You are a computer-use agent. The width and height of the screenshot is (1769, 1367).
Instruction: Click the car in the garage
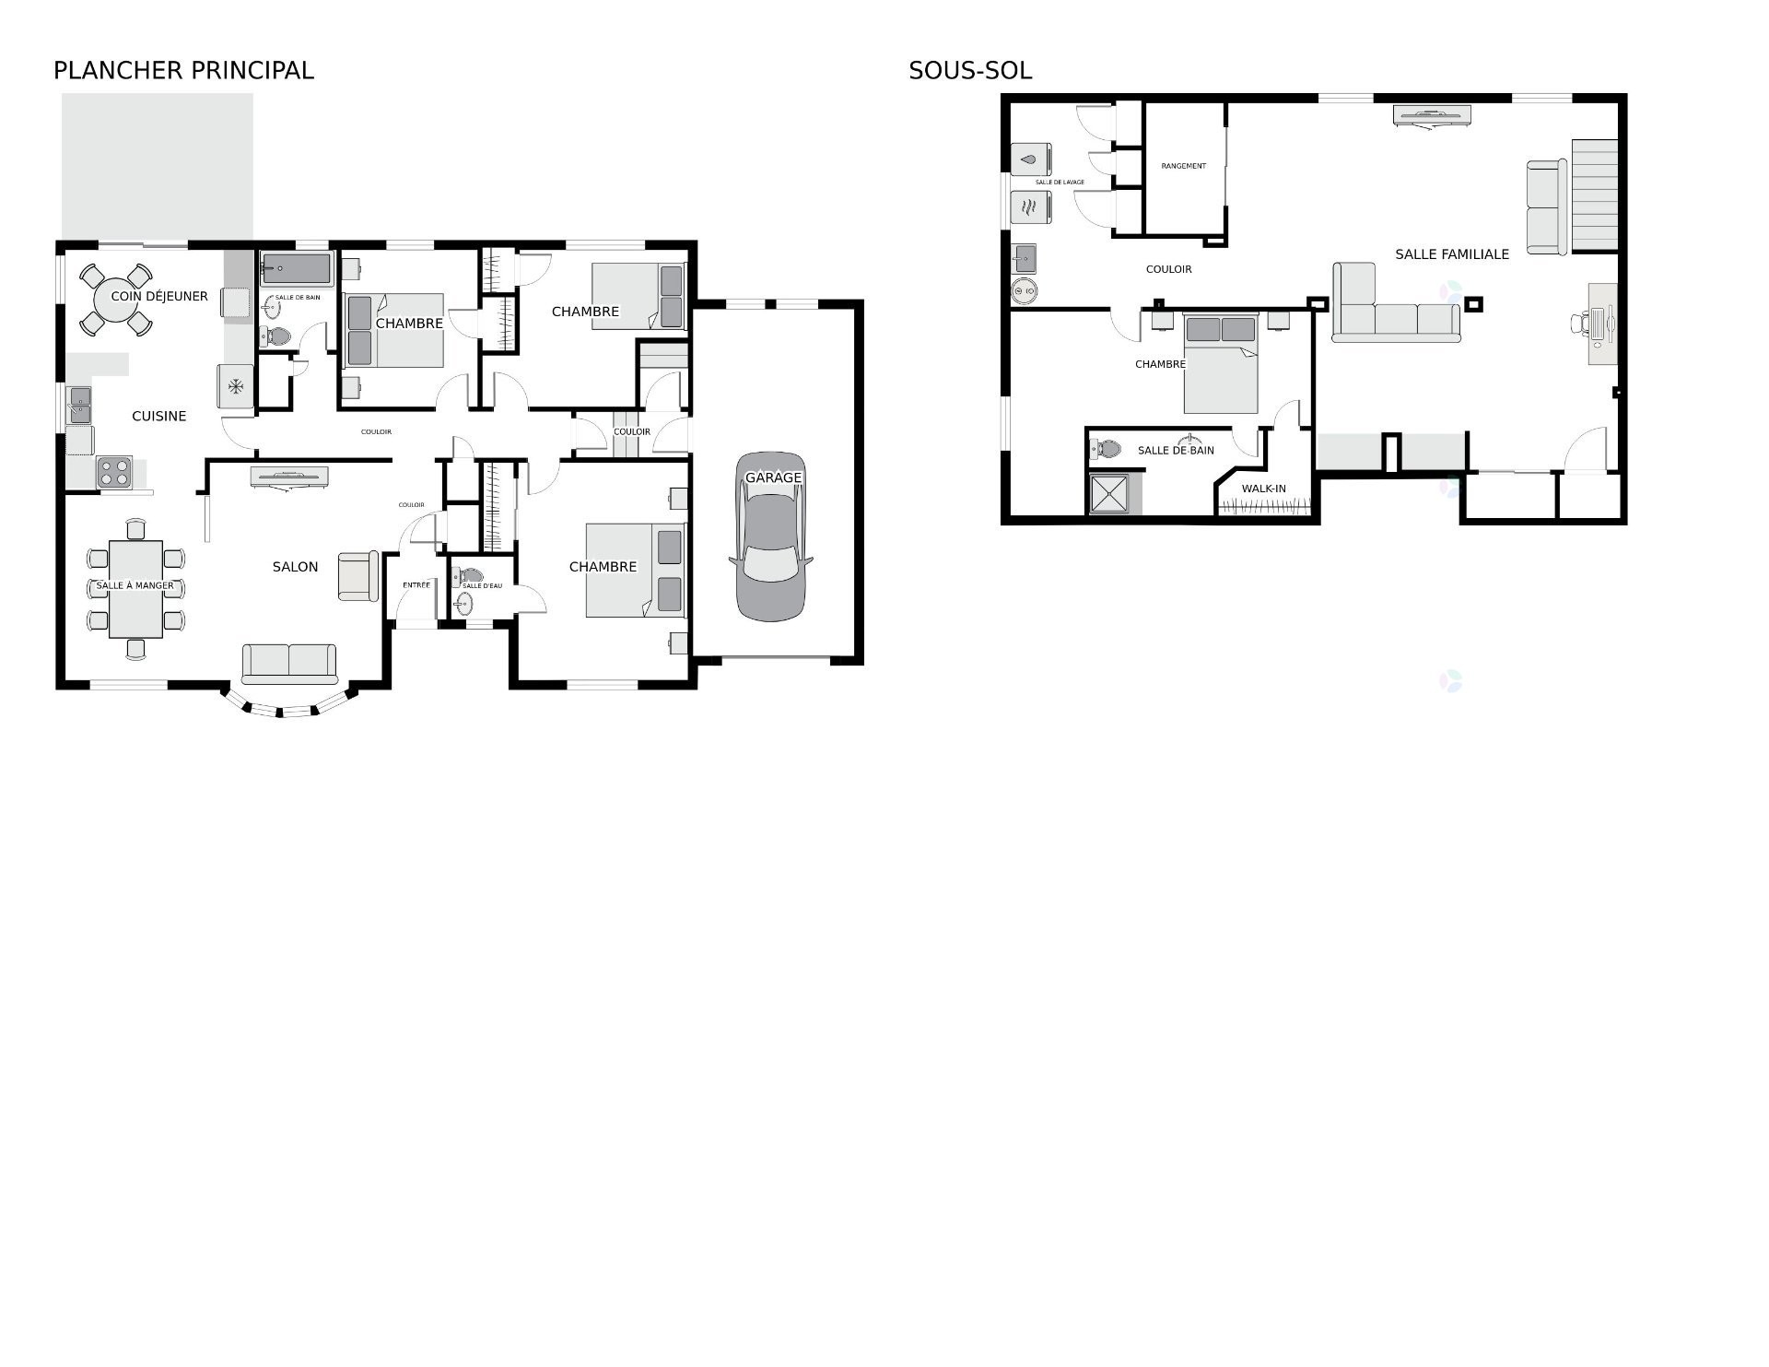coord(770,536)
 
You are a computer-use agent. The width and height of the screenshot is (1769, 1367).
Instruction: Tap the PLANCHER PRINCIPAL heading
coord(183,70)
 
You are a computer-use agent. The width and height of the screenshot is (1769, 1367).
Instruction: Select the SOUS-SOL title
coord(970,70)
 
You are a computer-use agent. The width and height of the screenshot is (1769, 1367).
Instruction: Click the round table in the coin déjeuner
coord(117,299)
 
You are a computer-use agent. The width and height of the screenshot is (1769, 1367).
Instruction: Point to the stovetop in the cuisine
coord(114,472)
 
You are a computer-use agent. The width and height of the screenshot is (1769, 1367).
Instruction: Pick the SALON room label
coord(295,567)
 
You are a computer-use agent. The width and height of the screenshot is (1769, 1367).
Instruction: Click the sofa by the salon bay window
coord(289,664)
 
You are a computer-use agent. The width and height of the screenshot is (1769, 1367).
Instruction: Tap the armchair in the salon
coord(358,576)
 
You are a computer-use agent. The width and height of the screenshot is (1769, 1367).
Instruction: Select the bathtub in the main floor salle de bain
coord(296,269)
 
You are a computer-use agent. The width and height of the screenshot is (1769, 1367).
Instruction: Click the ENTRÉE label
coord(416,585)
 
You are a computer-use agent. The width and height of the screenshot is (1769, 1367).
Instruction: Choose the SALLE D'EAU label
coord(483,585)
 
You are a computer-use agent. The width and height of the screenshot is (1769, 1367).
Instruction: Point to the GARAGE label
coord(774,477)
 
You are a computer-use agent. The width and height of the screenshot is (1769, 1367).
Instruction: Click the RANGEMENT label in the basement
coord(1184,166)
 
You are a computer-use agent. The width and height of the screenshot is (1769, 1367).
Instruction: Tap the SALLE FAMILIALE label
coord(1452,254)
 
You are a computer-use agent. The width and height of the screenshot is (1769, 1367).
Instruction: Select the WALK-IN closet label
coord(1264,489)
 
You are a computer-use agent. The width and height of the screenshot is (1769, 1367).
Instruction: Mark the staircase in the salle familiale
coord(1595,194)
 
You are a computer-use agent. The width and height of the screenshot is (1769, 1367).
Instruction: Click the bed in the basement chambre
coord(1221,364)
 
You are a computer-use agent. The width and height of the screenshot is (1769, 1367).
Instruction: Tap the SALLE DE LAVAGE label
coord(1060,183)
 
